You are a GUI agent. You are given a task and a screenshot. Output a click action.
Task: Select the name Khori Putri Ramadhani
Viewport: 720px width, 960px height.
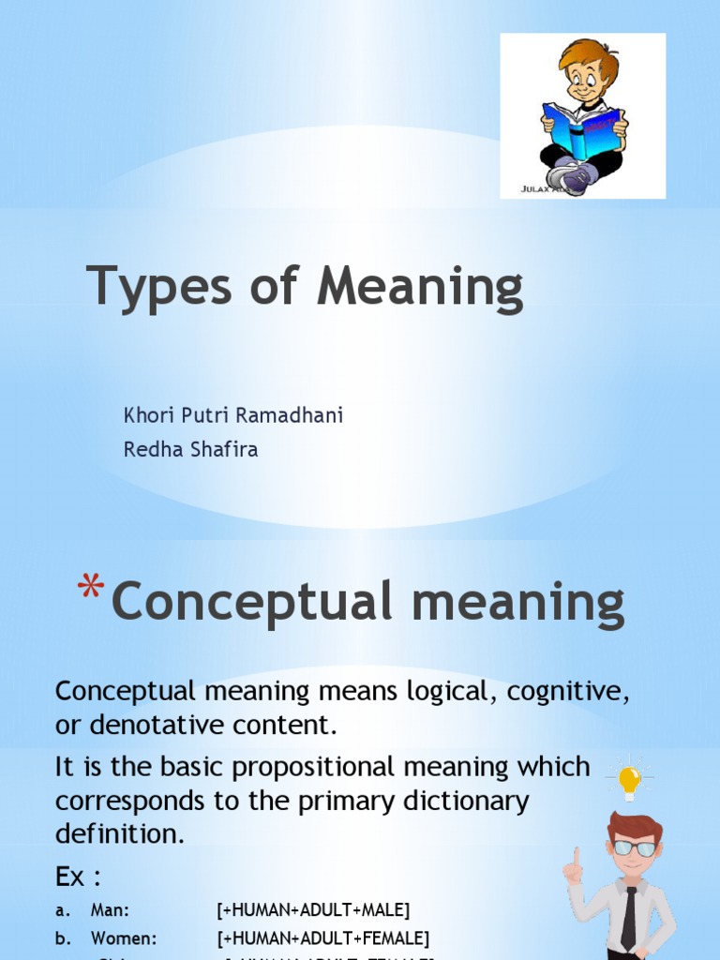(x=233, y=415)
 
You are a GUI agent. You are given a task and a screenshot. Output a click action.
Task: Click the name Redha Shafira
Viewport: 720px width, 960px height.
(x=190, y=450)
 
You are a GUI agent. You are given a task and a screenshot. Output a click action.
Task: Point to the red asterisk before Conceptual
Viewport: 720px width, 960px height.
(x=90, y=590)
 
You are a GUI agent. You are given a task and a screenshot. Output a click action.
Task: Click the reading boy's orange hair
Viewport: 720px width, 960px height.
(x=590, y=57)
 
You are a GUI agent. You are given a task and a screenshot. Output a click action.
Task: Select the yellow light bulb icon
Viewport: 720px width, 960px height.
(x=629, y=777)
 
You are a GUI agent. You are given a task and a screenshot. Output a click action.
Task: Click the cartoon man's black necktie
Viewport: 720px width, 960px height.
(x=628, y=914)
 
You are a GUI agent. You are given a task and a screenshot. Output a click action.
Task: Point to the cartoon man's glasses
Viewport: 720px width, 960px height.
(x=635, y=847)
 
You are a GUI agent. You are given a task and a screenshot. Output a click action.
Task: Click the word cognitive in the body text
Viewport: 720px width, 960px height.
(x=566, y=692)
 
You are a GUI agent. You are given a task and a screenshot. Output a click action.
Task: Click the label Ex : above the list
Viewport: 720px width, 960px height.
(x=78, y=877)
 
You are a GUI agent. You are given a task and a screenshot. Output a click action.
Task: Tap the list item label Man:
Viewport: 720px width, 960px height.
(x=110, y=909)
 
